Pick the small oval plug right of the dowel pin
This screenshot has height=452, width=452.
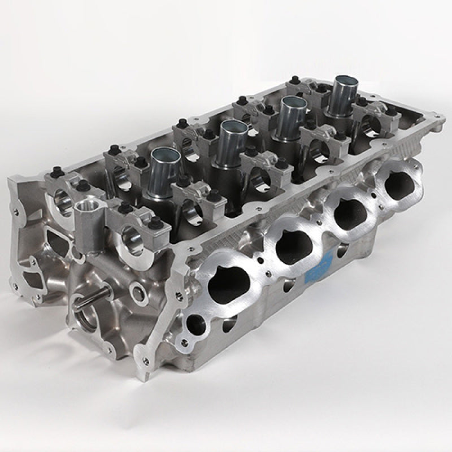(138, 292)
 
